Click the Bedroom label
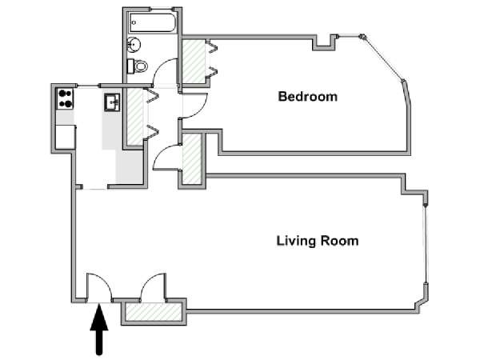tap(308, 97)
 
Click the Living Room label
tap(318, 241)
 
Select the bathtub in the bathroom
tap(152, 22)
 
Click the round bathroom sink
tap(134, 44)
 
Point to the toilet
tap(138, 66)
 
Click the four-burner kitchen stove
tap(65, 98)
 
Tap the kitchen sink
tap(112, 102)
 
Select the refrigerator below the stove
tap(66, 137)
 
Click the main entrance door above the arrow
tap(99, 288)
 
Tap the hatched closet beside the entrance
tap(154, 312)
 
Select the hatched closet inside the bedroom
tap(194, 62)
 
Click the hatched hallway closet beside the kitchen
tap(135, 117)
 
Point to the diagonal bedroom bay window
tap(383, 58)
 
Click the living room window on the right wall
tap(426, 244)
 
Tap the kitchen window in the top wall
tap(88, 86)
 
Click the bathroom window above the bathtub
tap(162, 9)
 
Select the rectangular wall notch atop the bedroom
tap(324, 42)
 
